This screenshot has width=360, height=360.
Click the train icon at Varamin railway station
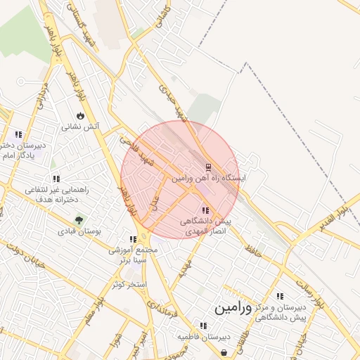pos(207,167)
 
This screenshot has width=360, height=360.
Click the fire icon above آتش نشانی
pos(80,115)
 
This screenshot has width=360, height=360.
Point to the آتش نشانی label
pos(80,127)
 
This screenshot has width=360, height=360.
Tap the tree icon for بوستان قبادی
pos(78,219)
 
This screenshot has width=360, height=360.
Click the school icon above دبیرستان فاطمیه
pos(203,326)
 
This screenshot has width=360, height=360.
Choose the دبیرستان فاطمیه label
pos(203,337)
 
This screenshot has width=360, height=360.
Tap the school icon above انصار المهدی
pos(205,210)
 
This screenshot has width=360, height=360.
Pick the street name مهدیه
pos(184,266)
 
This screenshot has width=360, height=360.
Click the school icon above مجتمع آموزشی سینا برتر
pos(133,239)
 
